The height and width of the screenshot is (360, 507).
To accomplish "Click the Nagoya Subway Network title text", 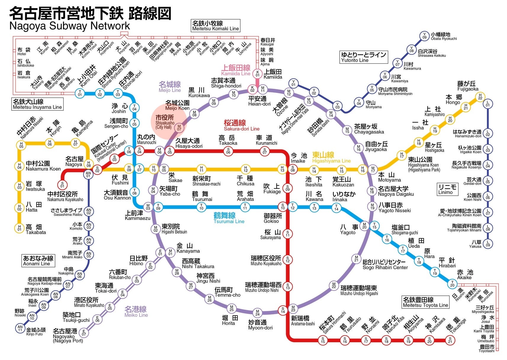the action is pos(70,26).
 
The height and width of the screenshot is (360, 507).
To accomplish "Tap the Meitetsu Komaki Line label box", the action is pos(215,26).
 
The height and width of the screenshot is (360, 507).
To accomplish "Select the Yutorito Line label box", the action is pos(363,57).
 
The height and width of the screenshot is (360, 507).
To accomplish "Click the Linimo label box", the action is pos(447,189).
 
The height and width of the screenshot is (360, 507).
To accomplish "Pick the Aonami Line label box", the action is pos(38,261).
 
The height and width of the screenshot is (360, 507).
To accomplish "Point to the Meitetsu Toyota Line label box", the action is pos(425,302).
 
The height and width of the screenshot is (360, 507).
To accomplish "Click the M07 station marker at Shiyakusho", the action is pos(179,128).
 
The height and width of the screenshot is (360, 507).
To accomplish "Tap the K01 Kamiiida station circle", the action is pos(258,73).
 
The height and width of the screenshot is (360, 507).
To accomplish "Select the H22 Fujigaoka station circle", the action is pos(480,97).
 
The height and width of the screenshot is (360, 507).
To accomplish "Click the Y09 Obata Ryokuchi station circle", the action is pos(424,36).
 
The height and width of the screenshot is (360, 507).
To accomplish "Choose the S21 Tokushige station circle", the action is pos(450,340).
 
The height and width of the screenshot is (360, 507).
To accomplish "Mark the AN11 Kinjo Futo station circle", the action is pos(20,328).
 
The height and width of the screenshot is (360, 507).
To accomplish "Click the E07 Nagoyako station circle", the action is pos(84,332).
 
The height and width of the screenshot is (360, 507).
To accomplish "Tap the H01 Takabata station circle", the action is pos(19,228).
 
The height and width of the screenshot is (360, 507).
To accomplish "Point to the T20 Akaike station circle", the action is pos(452,284).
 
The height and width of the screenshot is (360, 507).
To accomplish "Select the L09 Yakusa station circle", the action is pos(488,244).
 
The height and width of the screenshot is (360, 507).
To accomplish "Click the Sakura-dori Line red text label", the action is pos(241,125).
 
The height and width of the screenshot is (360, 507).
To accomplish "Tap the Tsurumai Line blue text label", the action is pos(229,218).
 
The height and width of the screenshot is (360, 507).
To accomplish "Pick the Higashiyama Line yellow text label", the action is pos(331,157).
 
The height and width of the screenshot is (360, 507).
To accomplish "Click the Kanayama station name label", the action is pos(188,248).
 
